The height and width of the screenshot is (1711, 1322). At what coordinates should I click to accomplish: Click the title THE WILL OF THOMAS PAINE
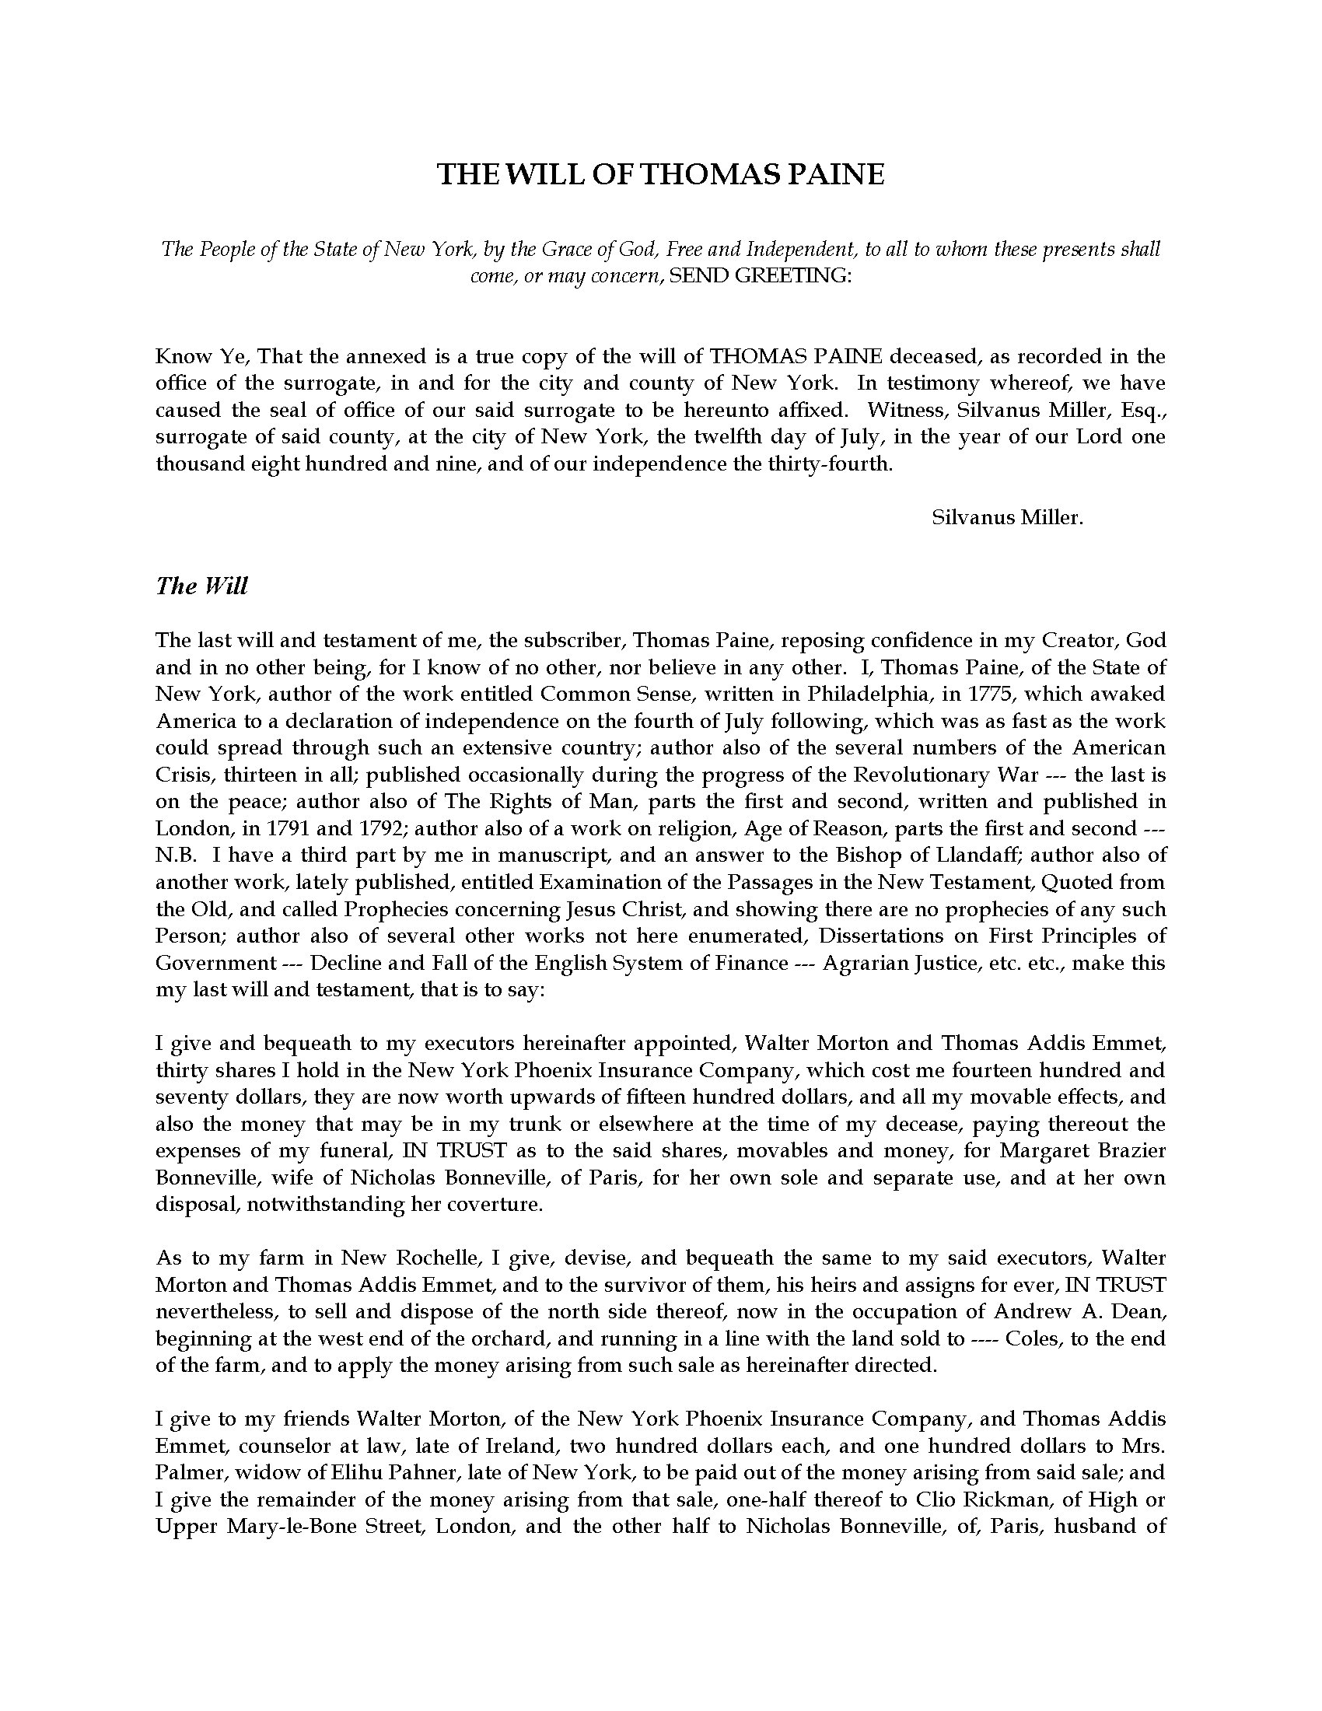pos(660,174)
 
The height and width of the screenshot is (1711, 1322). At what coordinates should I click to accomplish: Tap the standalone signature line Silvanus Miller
pos(1008,517)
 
